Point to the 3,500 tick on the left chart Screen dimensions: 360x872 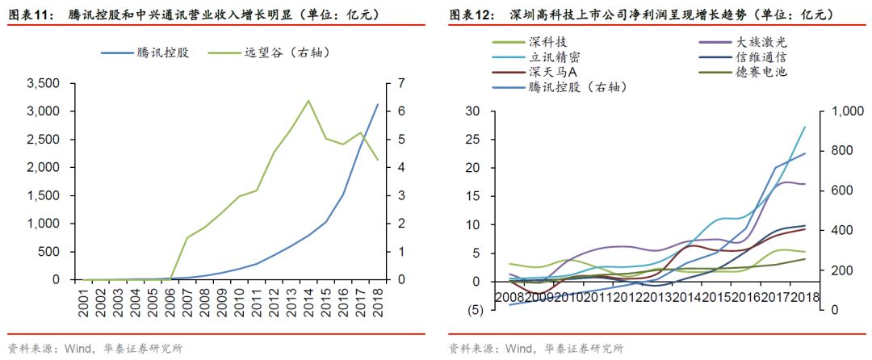(x=44, y=84)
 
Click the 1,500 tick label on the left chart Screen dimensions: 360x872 (x=44, y=196)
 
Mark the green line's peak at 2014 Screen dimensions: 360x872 (x=308, y=101)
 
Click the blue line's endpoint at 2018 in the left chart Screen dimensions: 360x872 (x=377, y=104)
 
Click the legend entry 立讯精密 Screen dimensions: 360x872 (x=554, y=57)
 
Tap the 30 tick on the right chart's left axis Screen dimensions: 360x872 (x=474, y=112)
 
